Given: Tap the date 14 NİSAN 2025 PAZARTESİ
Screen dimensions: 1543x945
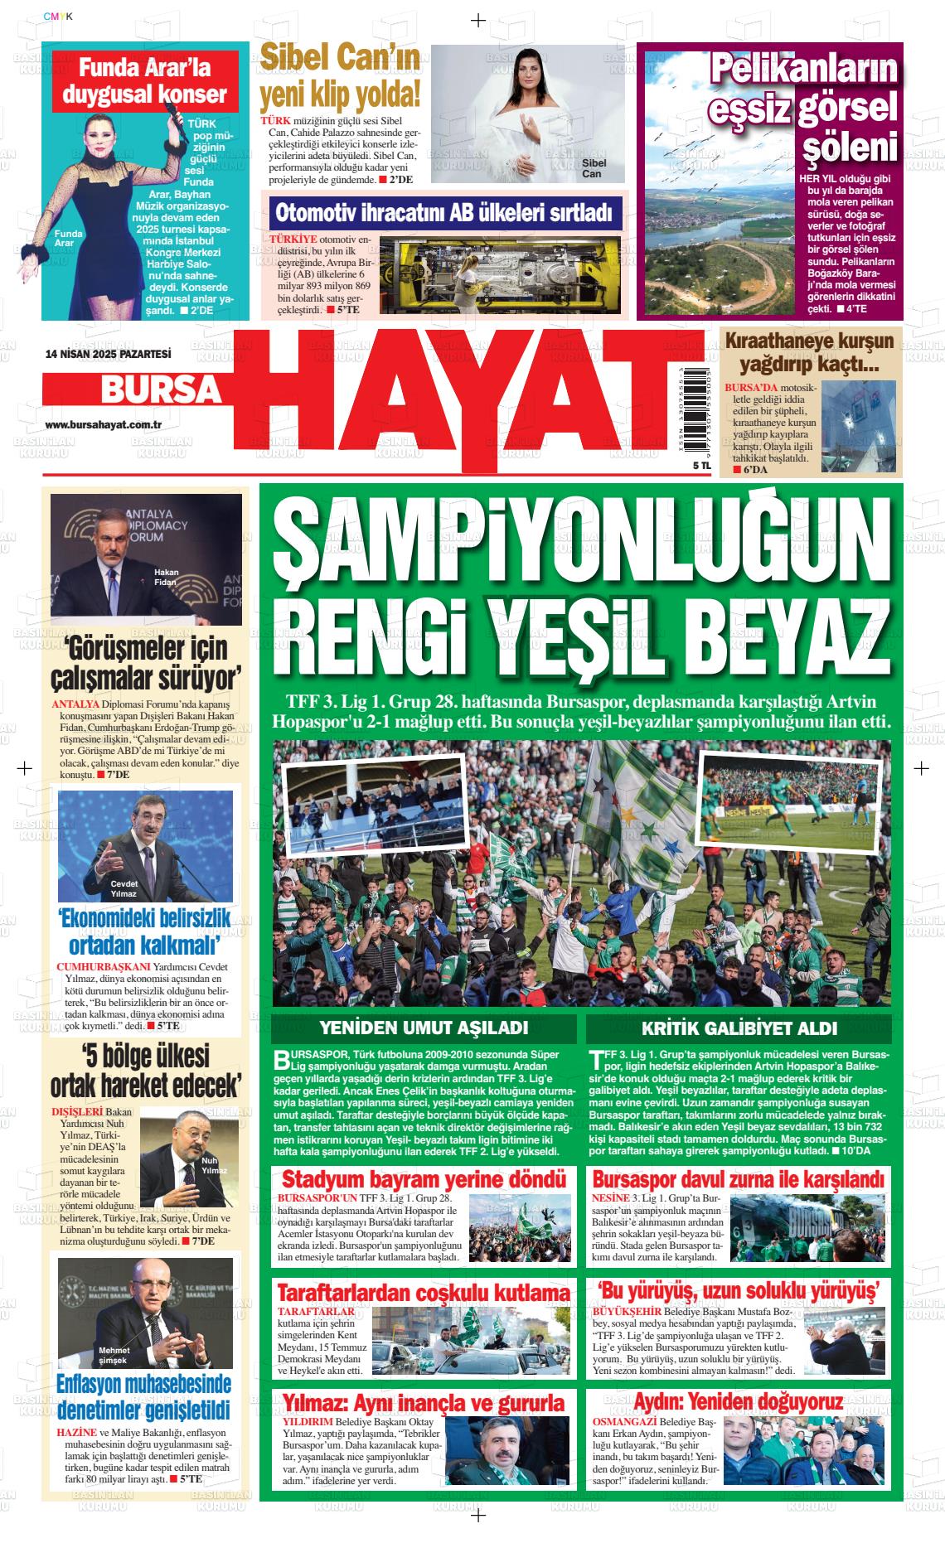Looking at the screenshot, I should [x=108, y=354].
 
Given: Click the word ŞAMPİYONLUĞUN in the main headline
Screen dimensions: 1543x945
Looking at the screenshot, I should [x=581, y=546].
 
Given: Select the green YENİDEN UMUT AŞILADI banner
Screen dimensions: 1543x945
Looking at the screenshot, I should [x=424, y=1028].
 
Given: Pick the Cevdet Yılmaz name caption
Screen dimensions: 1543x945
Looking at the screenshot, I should [x=124, y=888].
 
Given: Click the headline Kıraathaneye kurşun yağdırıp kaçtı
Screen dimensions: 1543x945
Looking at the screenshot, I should [x=809, y=352].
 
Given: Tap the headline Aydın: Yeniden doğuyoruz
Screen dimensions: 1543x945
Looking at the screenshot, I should [x=738, y=1402].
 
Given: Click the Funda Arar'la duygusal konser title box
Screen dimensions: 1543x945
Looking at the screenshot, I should [x=145, y=80].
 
